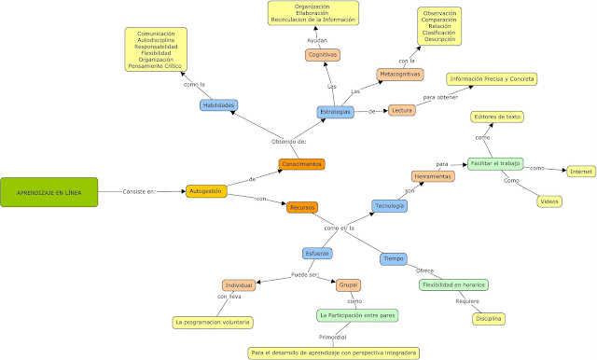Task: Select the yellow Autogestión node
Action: (206, 191)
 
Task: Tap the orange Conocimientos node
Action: (301, 164)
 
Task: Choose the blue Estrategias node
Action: (336, 112)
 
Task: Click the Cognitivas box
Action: (323, 56)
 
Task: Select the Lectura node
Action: (402, 111)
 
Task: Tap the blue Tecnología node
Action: (389, 205)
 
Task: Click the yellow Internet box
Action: (581, 172)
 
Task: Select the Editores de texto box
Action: (495, 117)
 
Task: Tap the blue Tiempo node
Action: (393, 258)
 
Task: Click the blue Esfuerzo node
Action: (316, 253)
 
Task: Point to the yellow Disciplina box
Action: (489, 319)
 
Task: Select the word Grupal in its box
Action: (348, 285)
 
